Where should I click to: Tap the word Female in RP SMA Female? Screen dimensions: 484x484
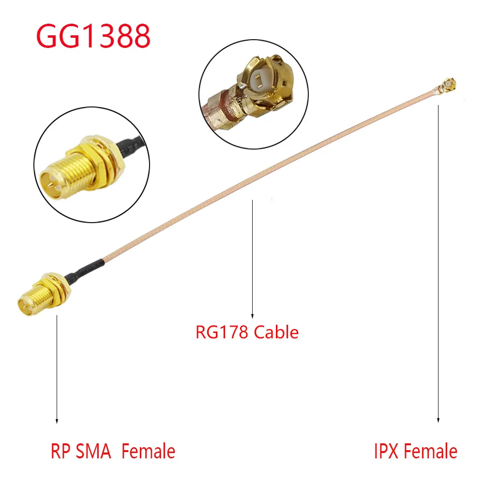148,452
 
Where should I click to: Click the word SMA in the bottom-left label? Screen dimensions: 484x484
94,452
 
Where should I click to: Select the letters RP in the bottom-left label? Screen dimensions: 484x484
60,452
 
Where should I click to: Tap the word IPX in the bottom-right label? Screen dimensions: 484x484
386,451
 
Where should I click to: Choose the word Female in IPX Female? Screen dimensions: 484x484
431,451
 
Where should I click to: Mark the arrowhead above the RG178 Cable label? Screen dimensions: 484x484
252,315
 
